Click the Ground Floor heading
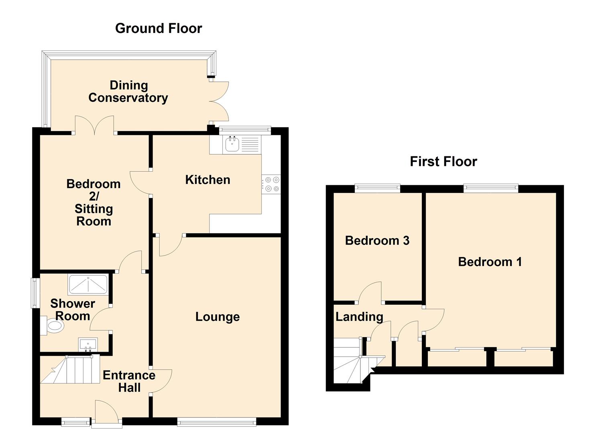[x=159, y=28]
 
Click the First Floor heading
[x=443, y=162]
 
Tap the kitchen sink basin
[x=232, y=145]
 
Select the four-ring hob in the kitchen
[x=271, y=184]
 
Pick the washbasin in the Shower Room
[x=88, y=345]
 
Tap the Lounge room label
[x=218, y=317]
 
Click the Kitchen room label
[x=208, y=180]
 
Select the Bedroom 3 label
[x=377, y=241]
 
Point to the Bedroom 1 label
[x=490, y=262]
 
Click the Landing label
[x=360, y=317]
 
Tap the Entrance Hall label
[x=129, y=381]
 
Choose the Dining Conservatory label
[x=128, y=92]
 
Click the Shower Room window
[x=35, y=293]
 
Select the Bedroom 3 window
[x=378, y=188]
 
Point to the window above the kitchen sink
[x=245, y=129]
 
